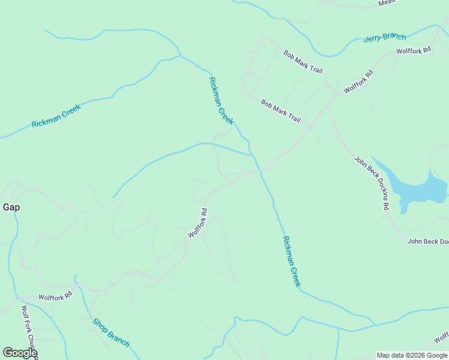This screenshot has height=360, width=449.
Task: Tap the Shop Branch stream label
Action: (110, 332)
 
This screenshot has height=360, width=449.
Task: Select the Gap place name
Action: (11, 207)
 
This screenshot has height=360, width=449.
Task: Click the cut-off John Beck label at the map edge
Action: (427, 242)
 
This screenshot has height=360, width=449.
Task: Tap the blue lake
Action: (418, 190)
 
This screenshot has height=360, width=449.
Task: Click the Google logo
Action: (19, 352)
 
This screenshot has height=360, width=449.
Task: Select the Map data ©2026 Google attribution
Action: (412, 355)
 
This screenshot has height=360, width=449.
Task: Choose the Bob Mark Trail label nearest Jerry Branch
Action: (303, 61)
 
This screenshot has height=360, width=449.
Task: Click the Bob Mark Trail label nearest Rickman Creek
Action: (280, 111)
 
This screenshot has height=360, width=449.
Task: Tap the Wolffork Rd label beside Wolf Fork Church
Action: (55, 296)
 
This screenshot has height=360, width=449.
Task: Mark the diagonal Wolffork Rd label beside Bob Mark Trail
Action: (358, 82)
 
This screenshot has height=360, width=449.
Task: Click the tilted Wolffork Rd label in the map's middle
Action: (197, 223)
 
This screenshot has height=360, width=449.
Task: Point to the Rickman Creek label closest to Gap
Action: (56, 116)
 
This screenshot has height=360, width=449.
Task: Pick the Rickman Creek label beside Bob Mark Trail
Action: (221, 101)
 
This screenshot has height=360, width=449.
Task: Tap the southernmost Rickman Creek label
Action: (291, 261)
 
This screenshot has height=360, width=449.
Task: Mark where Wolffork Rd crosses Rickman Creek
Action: (261, 170)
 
